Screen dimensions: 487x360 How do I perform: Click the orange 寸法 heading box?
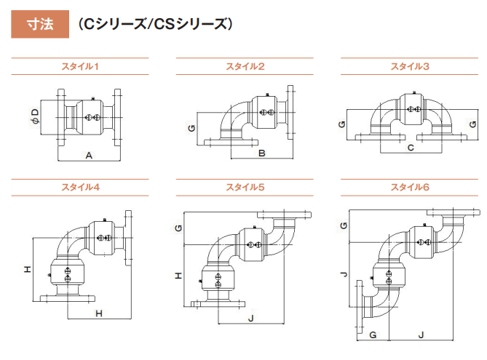coord(40,24)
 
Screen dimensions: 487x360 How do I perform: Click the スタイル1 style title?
coord(80,66)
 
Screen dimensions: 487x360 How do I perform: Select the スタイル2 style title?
coord(245,66)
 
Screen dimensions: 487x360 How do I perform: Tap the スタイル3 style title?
coord(410,66)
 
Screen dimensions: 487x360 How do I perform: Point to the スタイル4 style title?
coord(80,187)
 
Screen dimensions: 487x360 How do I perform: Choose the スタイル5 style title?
coord(245,187)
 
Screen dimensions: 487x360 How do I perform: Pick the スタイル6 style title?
coord(410,187)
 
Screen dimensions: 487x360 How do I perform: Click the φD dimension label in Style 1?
coord(36,116)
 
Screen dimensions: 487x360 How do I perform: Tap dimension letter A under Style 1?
coord(89,155)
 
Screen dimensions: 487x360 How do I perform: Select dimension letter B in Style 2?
coord(262,153)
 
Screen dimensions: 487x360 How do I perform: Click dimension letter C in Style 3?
coord(411,148)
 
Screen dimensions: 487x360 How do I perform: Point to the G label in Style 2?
coord(191,128)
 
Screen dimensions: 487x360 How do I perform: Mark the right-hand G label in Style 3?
coord(472,124)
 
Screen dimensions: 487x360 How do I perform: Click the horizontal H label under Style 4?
coord(99,313)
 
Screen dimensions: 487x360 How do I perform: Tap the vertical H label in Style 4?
coord(28,269)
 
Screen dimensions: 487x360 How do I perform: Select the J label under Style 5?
coord(251,319)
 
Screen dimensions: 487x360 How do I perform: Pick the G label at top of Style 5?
coord(178,228)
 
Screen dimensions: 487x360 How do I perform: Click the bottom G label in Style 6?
coord(373,335)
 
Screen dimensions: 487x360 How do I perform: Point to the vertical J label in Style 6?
coord(344,274)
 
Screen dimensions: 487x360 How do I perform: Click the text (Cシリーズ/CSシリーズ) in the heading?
coord(155,24)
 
